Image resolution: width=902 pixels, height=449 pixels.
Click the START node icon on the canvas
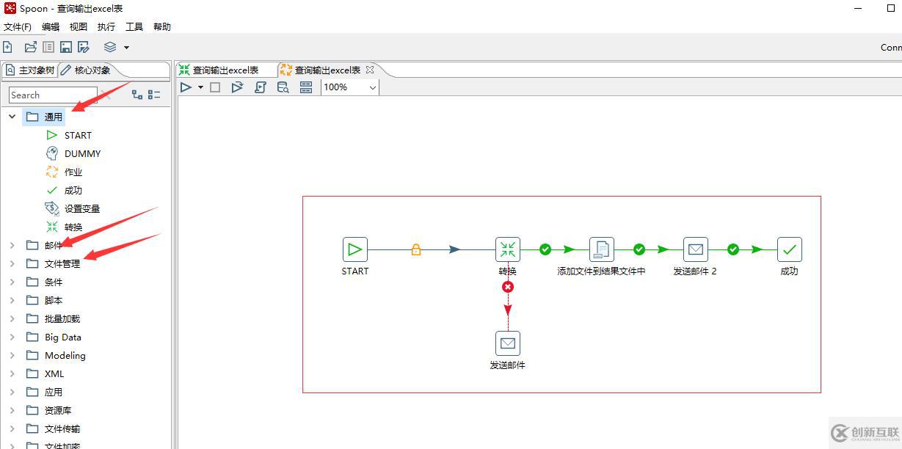(354, 249)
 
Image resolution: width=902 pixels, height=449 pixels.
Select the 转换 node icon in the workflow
(507, 249)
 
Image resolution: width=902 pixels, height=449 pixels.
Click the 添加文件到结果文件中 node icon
(602, 249)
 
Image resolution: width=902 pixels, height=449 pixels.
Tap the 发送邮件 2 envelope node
(696, 249)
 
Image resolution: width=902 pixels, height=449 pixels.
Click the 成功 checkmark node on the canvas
(789, 249)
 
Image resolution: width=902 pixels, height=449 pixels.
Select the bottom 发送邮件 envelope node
(507, 343)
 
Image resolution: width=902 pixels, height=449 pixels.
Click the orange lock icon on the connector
(416, 249)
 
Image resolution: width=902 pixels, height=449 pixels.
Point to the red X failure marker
(508, 287)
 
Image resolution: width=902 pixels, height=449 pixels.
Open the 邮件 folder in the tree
(53, 245)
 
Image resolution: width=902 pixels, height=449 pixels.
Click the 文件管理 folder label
(62, 264)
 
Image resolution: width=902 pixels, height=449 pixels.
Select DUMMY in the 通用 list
(82, 153)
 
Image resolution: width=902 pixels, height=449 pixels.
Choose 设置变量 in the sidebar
(81, 208)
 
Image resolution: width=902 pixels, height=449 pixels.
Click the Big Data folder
(63, 337)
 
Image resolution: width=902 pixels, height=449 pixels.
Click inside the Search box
(53, 95)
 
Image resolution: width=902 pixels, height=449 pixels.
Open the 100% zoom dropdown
(373, 87)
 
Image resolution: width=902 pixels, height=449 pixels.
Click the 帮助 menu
(162, 26)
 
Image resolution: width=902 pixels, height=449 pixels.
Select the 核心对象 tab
(92, 70)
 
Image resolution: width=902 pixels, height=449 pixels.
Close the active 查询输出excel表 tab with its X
(370, 70)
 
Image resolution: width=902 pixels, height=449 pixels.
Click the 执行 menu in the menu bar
(106, 26)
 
